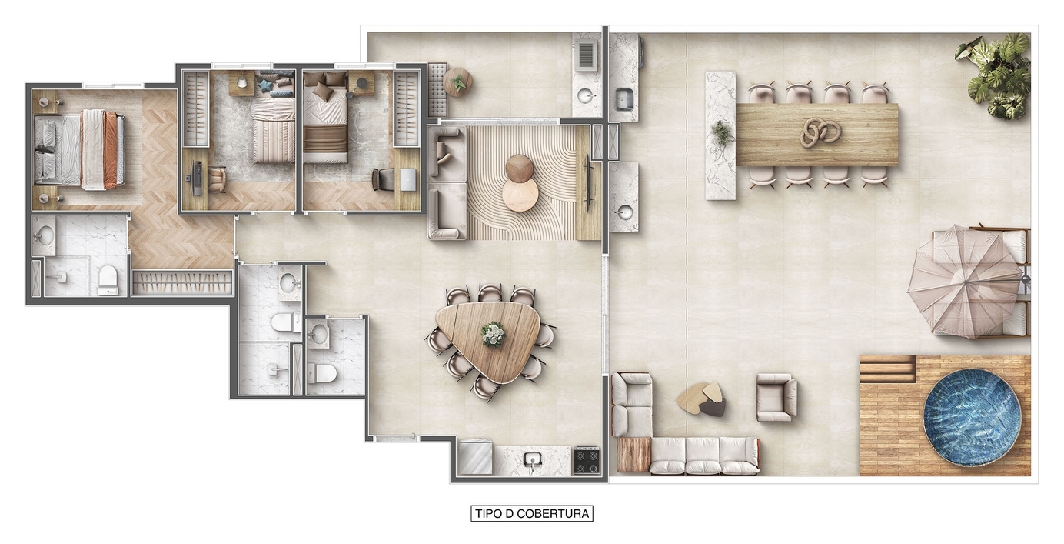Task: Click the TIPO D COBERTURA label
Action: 531,513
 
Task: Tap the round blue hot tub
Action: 972,417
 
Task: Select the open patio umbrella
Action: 964,281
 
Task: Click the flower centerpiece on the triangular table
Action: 492,334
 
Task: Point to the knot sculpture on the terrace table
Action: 820,132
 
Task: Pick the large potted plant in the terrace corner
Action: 996,73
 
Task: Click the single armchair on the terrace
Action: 776,398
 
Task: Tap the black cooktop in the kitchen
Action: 587,460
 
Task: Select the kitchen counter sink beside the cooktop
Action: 532,460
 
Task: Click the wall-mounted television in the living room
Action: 589,182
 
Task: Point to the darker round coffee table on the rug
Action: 520,168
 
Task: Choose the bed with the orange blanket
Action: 85,149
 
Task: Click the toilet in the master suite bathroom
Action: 108,280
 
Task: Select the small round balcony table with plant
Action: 457,82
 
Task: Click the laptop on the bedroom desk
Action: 407,179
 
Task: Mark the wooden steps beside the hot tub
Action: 887,369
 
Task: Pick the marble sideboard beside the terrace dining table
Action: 720,135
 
